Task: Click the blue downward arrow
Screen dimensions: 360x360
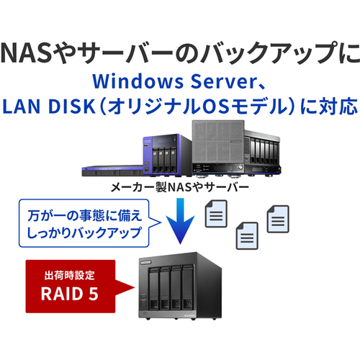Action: point(180,221)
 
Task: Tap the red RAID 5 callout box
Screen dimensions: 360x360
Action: point(71,287)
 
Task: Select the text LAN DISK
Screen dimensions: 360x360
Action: point(49,106)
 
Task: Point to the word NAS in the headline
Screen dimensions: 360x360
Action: point(27,52)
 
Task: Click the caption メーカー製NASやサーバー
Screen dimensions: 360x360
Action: point(179,187)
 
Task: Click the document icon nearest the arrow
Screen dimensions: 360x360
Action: point(216,214)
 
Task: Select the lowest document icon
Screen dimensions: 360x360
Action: point(247,235)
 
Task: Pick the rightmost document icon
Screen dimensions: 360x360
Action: point(278,219)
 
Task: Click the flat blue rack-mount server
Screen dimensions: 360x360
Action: point(113,171)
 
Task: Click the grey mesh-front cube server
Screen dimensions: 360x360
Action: point(218,147)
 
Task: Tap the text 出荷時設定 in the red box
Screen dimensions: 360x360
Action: point(70,275)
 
